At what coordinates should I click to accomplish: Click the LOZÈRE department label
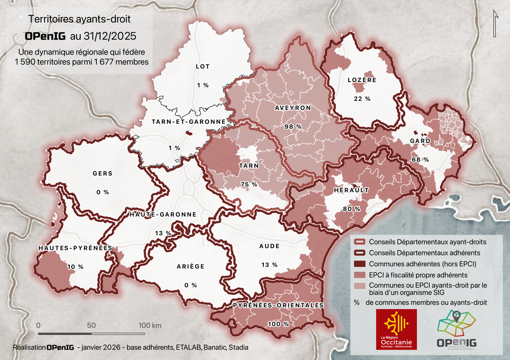(x=362, y=80)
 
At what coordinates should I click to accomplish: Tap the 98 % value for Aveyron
(x=292, y=126)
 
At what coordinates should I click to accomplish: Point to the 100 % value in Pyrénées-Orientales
(x=278, y=324)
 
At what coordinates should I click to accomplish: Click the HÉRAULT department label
(x=351, y=190)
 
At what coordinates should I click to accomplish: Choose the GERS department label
(x=102, y=174)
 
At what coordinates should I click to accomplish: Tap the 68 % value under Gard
(x=420, y=159)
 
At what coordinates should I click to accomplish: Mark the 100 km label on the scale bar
(x=149, y=325)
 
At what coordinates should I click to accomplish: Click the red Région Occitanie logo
(x=396, y=329)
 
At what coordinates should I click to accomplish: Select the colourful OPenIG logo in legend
(x=456, y=329)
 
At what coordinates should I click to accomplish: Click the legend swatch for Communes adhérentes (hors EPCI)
(x=359, y=264)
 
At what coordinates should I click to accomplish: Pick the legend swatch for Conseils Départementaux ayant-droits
(x=359, y=242)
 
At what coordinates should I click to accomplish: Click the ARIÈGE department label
(x=190, y=266)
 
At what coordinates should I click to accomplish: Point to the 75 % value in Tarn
(x=249, y=184)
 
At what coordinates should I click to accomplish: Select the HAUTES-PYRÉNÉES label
(x=75, y=248)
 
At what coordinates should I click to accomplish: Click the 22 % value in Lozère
(x=362, y=99)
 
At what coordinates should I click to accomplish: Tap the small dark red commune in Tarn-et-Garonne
(x=189, y=134)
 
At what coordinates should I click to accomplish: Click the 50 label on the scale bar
(x=91, y=325)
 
